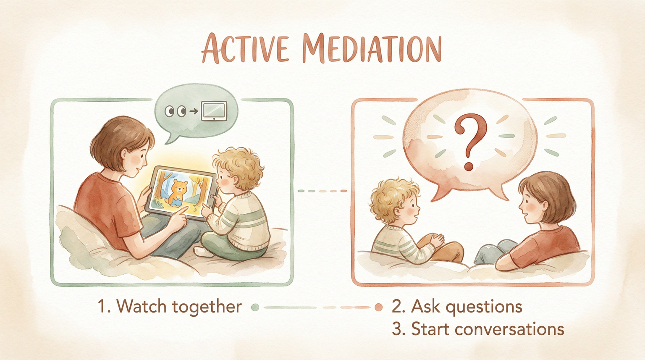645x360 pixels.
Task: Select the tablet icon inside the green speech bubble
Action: (214, 111)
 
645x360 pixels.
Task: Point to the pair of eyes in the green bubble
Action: (176, 111)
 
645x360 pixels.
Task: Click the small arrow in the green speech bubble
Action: (194, 111)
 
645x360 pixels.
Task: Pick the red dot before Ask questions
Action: (379, 307)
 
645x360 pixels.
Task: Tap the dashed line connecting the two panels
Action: (322, 191)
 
